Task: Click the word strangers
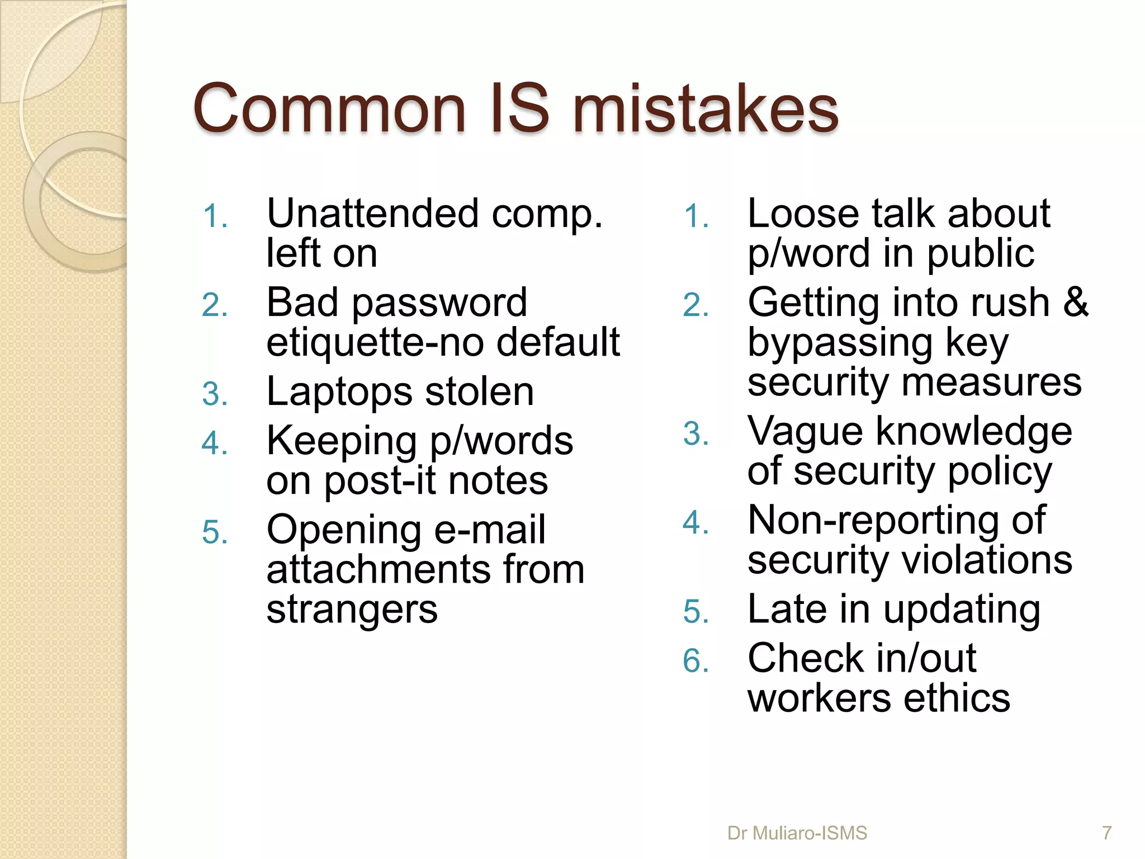click(352, 610)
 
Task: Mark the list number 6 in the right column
click(696, 661)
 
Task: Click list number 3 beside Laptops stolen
click(215, 394)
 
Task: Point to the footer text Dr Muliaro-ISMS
click(797, 833)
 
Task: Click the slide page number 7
click(1106, 833)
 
